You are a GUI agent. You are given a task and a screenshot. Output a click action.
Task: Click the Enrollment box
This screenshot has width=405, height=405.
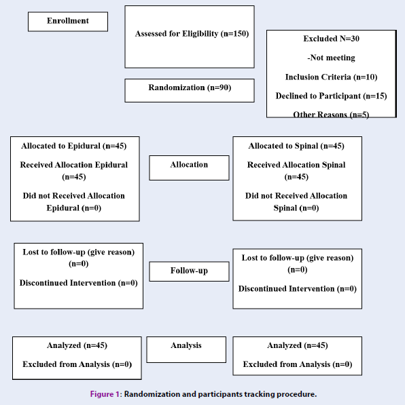pos(68,22)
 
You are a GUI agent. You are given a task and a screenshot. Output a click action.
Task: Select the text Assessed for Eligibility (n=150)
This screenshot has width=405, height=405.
pos(192,33)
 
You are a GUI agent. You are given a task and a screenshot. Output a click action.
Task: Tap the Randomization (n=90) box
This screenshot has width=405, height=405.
pos(190,90)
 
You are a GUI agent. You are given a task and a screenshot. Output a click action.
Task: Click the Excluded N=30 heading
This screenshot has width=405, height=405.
pos(331,39)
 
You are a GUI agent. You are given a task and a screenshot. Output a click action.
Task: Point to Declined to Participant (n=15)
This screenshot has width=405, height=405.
pos(331,96)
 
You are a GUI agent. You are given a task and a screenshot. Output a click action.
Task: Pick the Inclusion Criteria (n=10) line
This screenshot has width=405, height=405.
pos(331,77)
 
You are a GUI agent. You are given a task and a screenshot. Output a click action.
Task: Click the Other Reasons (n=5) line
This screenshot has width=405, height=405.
pos(331,115)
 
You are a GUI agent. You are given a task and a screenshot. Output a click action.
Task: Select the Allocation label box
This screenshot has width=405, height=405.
pos(189,168)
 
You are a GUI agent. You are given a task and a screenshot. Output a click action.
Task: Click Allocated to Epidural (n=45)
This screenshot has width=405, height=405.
pos(74,146)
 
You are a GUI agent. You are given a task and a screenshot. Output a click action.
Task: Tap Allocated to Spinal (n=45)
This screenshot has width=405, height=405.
pos(296,146)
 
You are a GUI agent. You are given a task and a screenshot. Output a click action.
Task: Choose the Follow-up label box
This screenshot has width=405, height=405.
pos(189,271)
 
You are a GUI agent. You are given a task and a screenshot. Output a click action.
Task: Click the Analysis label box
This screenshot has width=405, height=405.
pos(186,349)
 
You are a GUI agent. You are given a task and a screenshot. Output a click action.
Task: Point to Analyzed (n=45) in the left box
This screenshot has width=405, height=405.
pos(77,345)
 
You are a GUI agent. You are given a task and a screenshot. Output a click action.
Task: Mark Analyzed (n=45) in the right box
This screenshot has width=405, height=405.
pos(298,345)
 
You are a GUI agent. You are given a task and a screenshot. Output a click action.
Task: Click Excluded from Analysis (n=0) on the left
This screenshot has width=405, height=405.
pos(77,364)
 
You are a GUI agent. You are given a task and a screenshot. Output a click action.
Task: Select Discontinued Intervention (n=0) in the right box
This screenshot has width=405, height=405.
pos(298,288)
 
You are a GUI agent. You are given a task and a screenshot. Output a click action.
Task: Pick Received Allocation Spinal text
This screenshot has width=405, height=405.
pos(296,165)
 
